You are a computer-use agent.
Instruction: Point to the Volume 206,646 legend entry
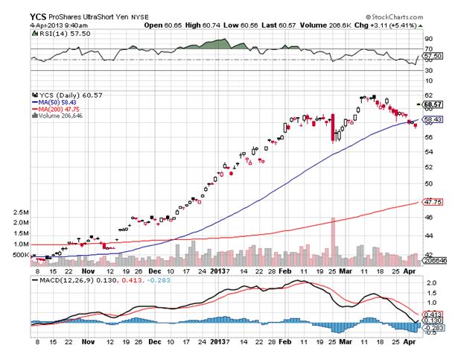(x=63, y=117)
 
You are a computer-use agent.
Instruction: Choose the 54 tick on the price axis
(x=427, y=151)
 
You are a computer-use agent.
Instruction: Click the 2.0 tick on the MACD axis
(x=428, y=284)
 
